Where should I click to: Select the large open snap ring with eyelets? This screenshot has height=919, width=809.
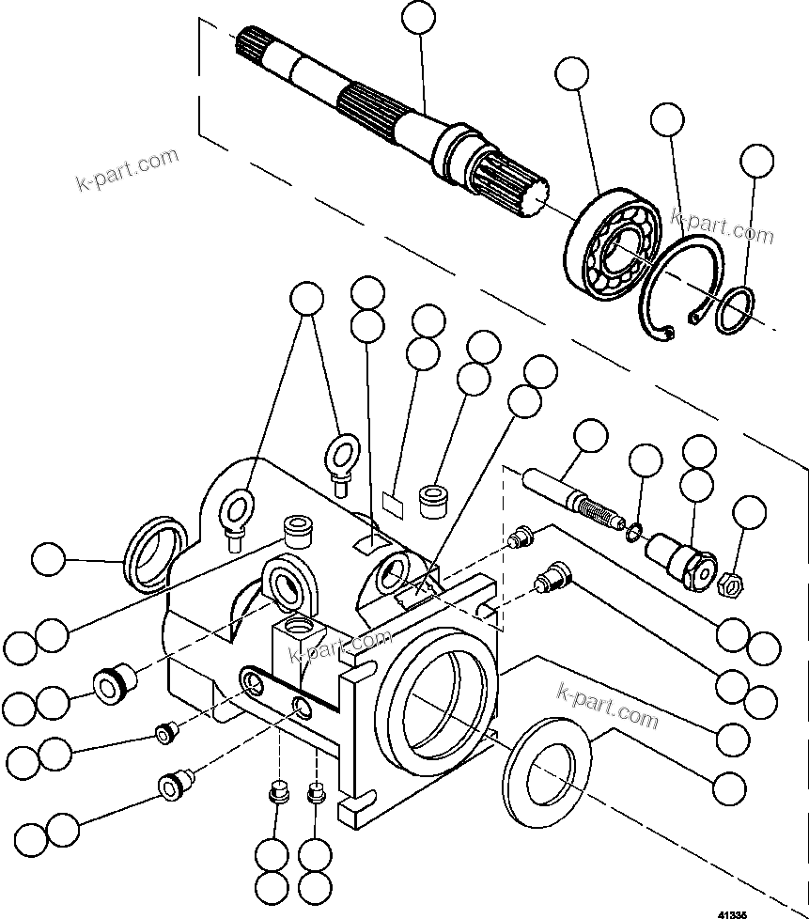point(679,286)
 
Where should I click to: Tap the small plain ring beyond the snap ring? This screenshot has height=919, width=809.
point(734,311)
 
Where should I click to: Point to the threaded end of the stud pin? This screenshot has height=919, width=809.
point(598,511)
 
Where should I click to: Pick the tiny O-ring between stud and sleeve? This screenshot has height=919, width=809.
point(635,533)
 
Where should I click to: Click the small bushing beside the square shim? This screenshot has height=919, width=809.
point(433,499)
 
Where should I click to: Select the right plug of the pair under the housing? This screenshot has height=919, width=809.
point(317,794)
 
